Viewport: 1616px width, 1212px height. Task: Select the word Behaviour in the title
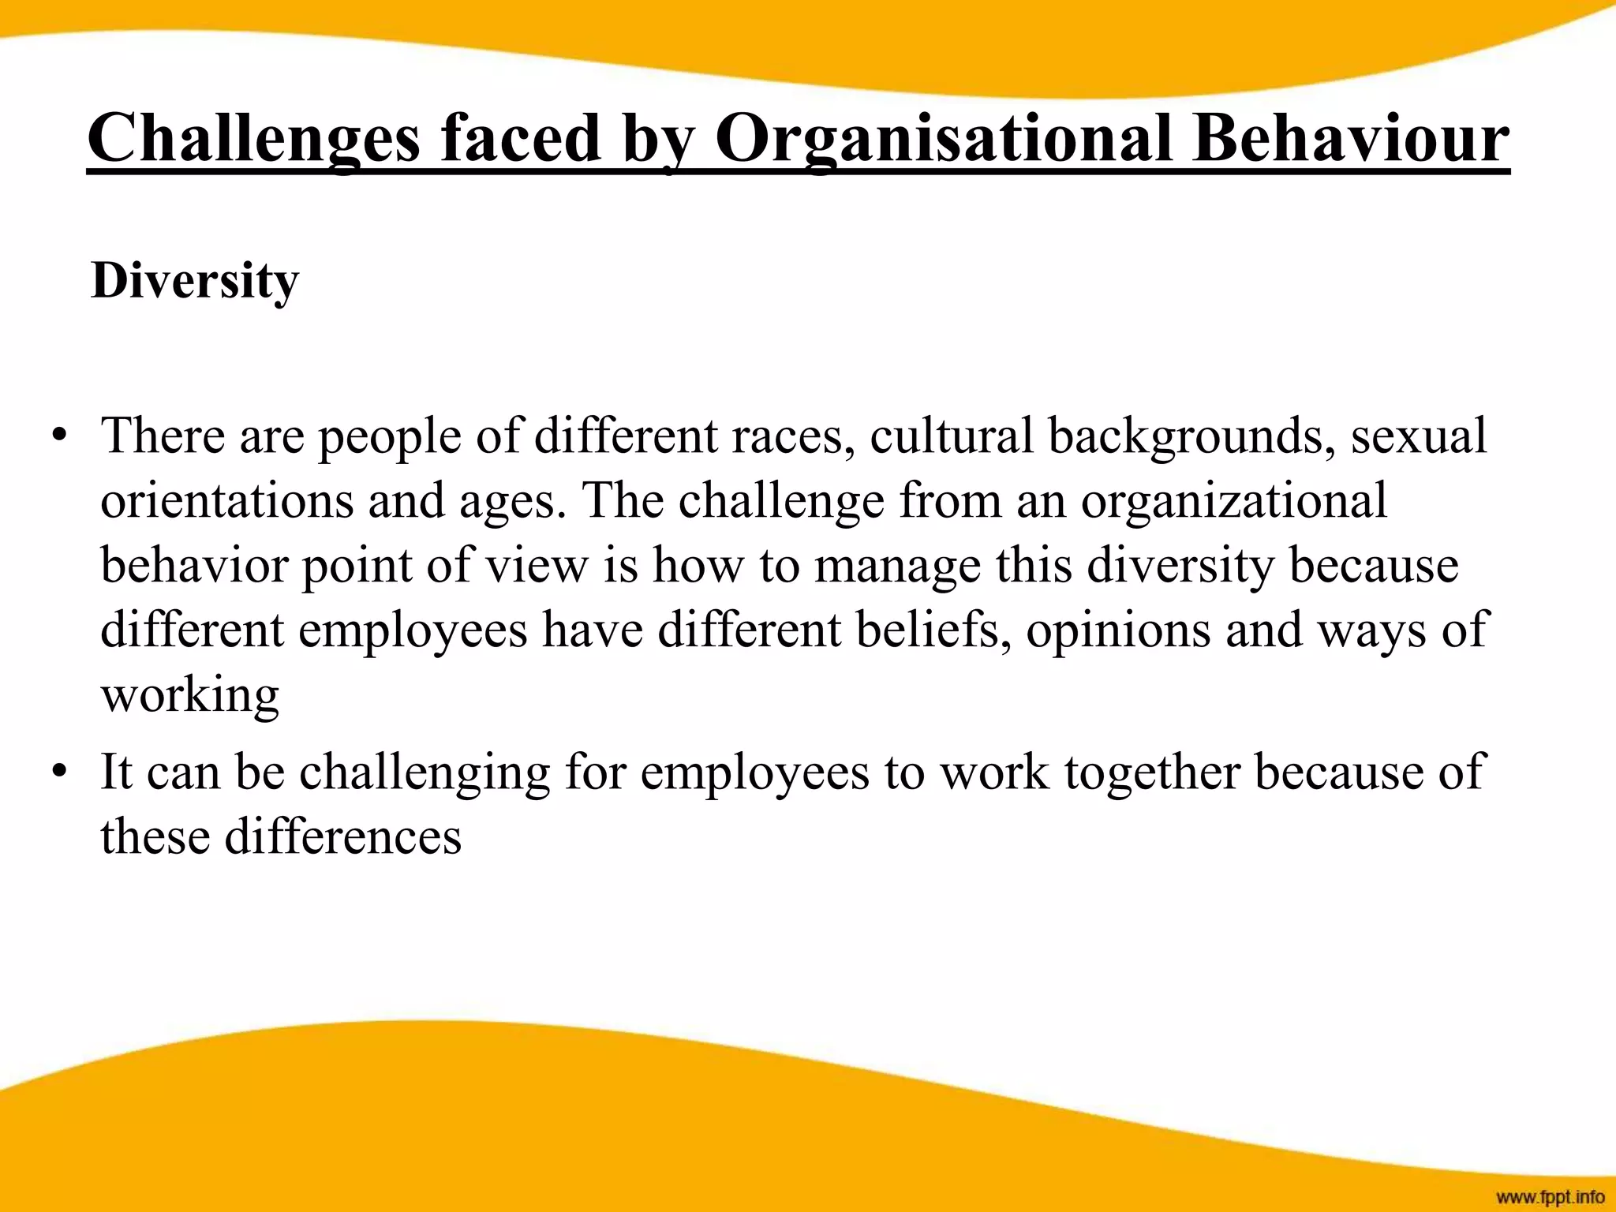(1351, 139)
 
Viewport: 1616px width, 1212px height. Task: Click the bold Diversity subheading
(195, 280)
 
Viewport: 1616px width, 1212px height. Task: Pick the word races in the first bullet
(791, 436)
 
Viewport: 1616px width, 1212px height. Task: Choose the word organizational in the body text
(1233, 502)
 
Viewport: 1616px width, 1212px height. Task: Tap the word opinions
(1118, 631)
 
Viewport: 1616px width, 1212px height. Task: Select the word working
(190, 696)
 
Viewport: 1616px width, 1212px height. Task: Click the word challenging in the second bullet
(425, 772)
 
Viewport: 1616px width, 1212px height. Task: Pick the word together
(1152, 772)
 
